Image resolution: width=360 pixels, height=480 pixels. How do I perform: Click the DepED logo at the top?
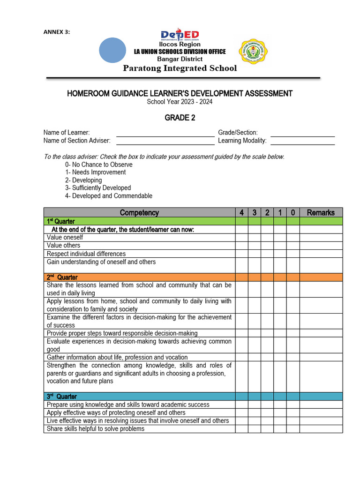click(180, 35)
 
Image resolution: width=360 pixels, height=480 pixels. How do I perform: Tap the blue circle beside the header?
click(113, 50)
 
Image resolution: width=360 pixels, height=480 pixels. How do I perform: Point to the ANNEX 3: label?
click(56, 32)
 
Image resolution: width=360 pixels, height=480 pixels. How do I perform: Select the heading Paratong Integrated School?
click(180, 68)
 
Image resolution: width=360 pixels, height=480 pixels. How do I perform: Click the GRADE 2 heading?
click(180, 118)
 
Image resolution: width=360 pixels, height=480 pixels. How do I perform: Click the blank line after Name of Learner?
click(165, 133)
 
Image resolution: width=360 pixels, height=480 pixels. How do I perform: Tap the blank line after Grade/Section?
click(302, 133)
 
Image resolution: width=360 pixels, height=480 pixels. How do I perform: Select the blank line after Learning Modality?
click(302, 141)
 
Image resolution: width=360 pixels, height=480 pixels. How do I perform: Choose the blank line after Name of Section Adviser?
click(165, 141)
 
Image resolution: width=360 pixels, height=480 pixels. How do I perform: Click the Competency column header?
click(139, 212)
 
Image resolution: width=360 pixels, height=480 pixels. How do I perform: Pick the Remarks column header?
click(321, 212)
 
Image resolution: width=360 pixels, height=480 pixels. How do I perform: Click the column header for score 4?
click(241, 212)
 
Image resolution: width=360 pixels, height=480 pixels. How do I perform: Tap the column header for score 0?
click(292, 212)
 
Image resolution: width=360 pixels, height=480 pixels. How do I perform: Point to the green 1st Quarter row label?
click(61, 221)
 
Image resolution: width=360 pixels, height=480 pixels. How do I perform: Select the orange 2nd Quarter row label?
click(62, 277)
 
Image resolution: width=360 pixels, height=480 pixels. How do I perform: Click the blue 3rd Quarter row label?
click(62, 397)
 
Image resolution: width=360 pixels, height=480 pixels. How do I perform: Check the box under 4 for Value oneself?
click(241, 238)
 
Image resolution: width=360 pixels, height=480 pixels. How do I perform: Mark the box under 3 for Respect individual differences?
click(255, 254)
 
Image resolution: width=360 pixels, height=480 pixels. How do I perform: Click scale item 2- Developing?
click(83, 180)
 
